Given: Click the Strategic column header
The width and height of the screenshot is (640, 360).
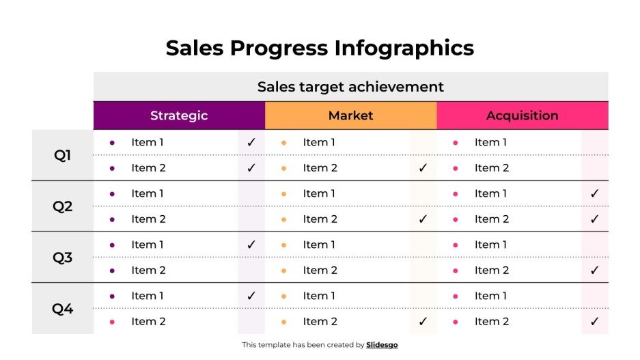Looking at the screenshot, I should coord(179,115).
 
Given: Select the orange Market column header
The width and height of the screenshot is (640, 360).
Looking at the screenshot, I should coord(350,115).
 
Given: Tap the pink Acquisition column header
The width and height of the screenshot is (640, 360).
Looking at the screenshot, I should coord(522,115).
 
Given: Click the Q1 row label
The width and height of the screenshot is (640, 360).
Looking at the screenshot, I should coord(62,155).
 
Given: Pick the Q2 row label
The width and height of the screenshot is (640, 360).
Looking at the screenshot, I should coord(62,206).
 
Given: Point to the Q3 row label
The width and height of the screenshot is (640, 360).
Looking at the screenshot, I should coord(62,258).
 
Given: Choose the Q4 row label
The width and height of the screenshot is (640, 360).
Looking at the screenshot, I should coord(62,309).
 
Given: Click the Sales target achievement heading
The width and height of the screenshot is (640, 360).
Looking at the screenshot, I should coord(350,87).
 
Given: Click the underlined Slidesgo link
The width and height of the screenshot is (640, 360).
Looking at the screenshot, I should coord(382,345).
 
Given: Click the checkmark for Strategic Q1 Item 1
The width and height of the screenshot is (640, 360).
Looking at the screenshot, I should coord(251,142).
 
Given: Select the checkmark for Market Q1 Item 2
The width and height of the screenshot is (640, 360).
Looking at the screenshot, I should coord(423,168).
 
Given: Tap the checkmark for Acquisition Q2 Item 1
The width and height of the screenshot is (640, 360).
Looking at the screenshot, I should coord(594,193).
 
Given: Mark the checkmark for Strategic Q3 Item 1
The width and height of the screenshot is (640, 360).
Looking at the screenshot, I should coord(251,245).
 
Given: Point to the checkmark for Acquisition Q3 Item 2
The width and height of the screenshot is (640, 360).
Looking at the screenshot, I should coord(594,271).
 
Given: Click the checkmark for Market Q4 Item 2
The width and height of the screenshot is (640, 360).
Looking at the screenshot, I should coord(423,321).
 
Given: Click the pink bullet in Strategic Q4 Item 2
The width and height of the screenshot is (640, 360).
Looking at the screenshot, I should coord(112,321).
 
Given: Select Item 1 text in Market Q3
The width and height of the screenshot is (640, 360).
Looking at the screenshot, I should coord(319,245).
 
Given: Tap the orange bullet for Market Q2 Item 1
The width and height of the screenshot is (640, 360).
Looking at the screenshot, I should coord(283,193).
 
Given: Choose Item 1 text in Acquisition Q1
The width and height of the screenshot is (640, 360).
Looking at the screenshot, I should coord(490,142).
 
